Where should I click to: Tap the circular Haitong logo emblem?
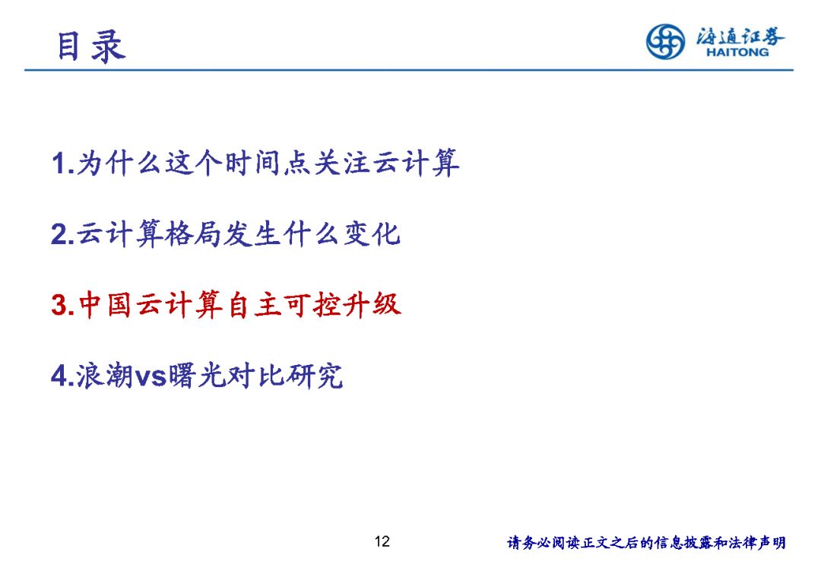pos(665,41)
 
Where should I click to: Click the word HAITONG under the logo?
pos(737,52)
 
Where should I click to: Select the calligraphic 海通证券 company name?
pos(740,36)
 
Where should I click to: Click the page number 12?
pos(382,541)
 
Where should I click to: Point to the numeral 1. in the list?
pos(63,163)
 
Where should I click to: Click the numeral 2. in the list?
pos(63,234)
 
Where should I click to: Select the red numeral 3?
pos(63,305)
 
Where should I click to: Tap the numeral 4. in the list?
pos(63,376)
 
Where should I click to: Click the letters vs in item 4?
pos(151,377)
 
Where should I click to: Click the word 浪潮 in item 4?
pos(105,376)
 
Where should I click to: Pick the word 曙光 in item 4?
pos(196,376)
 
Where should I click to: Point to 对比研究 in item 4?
pos(284,376)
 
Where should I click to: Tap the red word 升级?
pos(371,305)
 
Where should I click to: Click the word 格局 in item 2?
pos(193,233)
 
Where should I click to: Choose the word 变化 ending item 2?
pos(372,233)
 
